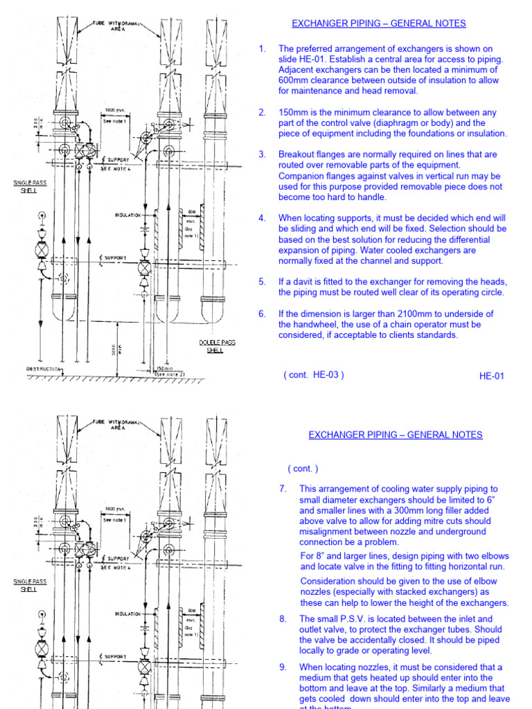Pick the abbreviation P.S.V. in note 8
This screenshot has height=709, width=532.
(351, 619)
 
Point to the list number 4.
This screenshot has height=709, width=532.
(262, 218)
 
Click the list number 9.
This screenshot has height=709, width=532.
(283, 667)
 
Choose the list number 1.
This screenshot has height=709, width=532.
(262, 48)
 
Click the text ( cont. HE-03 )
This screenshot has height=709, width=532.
(313, 375)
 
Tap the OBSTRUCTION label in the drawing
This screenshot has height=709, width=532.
(44, 369)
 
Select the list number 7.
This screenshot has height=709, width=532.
(283, 489)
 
